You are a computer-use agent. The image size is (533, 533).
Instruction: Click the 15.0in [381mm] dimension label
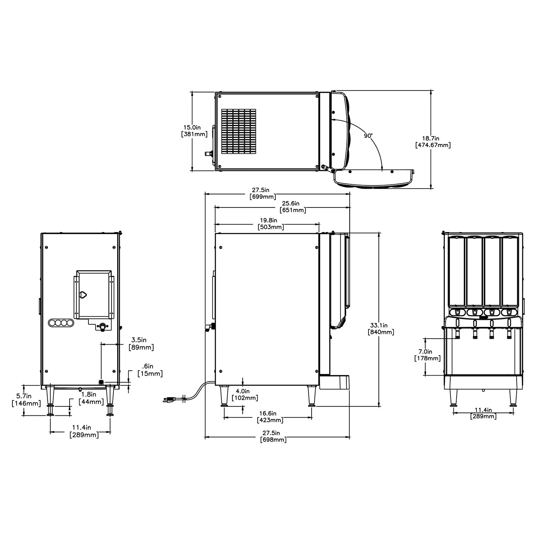point(194,130)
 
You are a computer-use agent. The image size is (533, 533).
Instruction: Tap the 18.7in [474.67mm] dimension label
point(432,141)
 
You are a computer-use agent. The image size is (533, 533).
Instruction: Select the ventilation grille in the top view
point(239,131)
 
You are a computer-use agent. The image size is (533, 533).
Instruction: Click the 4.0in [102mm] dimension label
point(245,394)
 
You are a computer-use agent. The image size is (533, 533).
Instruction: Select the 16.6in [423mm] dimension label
point(270,416)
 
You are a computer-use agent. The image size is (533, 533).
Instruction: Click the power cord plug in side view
point(170,399)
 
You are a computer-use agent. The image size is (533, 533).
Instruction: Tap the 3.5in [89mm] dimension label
point(141,344)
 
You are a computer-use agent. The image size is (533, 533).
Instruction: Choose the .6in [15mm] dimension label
point(150,370)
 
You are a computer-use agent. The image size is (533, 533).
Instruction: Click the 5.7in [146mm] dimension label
point(23,399)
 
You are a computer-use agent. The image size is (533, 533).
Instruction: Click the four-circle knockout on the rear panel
point(61,323)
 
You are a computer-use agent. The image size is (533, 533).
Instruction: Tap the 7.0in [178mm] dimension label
point(427,355)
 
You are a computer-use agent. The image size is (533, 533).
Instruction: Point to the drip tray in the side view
point(334,382)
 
